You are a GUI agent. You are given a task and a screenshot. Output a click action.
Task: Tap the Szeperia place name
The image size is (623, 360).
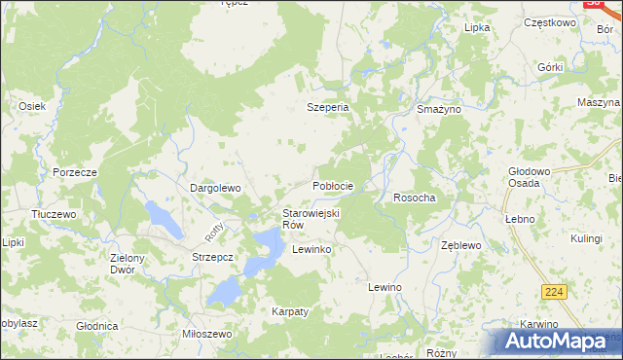[x=328, y=108]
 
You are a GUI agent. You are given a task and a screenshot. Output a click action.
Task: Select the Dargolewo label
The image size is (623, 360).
[x=214, y=187]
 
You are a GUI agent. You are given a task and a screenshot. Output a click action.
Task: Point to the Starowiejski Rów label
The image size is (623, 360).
[x=310, y=219]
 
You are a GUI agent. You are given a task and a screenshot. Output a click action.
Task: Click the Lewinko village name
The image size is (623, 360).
[x=312, y=250]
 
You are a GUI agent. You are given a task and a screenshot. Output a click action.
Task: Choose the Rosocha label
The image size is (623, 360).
[x=414, y=198]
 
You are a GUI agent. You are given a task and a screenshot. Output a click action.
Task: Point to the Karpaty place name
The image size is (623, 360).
[x=290, y=311]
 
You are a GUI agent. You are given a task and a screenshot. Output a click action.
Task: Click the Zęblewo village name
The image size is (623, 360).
[x=461, y=246]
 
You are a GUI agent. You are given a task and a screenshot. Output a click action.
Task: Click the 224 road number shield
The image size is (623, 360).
[x=555, y=292]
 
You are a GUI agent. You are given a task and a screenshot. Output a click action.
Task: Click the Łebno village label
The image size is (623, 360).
[x=520, y=219]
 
